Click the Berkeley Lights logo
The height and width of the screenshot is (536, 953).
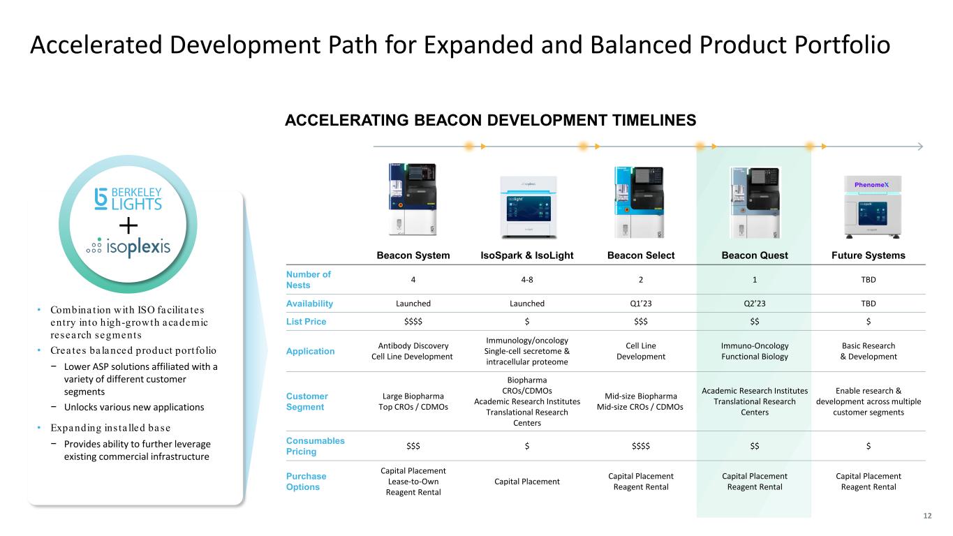click(x=128, y=199)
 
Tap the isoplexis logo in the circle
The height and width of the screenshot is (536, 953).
click(x=128, y=247)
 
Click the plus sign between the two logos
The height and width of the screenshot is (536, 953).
click(x=128, y=225)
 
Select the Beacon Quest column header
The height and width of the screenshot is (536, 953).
click(x=754, y=255)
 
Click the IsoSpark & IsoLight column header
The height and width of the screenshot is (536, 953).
click(x=526, y=255)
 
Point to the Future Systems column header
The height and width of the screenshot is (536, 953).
click(x=869, y=255)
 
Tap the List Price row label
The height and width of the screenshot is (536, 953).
click(x=306, y=322)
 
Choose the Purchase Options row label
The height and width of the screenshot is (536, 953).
click(x=306, y=481)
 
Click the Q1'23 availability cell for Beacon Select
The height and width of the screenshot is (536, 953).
click(x=641, y=304)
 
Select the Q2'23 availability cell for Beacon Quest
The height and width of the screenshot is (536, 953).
click(x=754, y=304)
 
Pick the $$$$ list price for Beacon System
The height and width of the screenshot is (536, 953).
click(x=413, y=322)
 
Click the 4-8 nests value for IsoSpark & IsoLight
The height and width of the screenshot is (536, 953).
click(x=526, y=279)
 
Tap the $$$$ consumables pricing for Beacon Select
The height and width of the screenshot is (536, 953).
click(x=641, y=446)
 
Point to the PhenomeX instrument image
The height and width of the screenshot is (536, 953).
click(x=873, y=207)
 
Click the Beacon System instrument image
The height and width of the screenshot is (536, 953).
click(x=413, y=199)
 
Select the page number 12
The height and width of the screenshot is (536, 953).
click(x=927, y=516)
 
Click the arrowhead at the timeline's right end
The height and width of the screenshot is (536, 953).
click(x=920, y=147)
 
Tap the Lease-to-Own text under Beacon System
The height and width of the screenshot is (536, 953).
click(x=413, y=481)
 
